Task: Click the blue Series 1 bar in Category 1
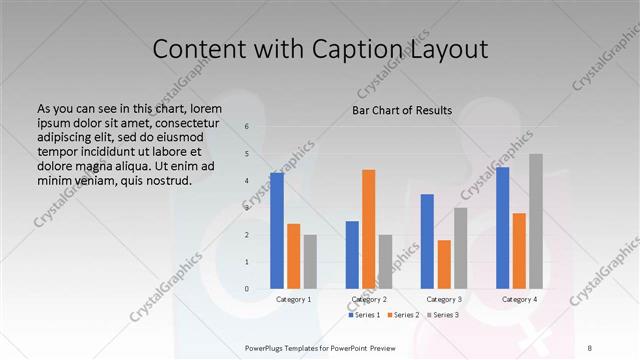(276, 230)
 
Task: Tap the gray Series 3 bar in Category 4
(536, 221)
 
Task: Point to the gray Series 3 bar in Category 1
(310, 261)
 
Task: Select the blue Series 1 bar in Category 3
(427, 241)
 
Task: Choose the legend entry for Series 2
(403, 315)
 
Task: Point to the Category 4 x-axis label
(519, 299)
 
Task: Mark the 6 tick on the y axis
(247, 127)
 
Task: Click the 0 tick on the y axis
(247, 289)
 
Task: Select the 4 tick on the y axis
(247, 181)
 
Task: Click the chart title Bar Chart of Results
(402, 110)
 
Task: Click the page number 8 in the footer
(590, 347)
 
